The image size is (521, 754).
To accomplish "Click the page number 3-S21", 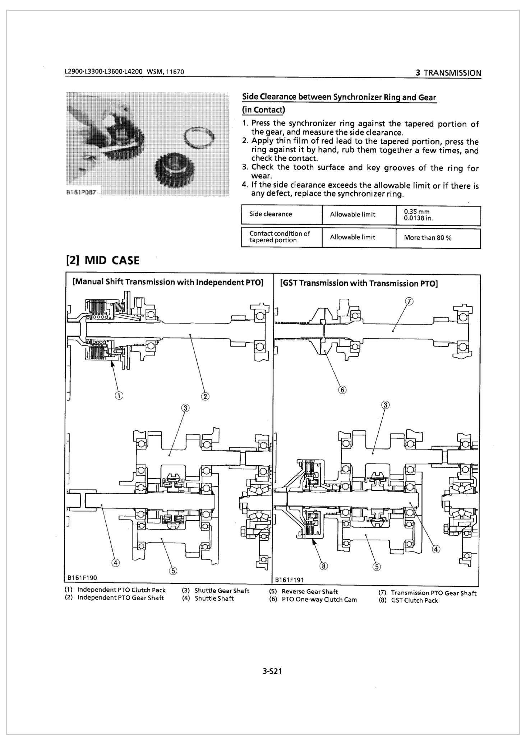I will [x=272, y=671].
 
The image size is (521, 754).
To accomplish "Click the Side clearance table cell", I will [x=271, y=214].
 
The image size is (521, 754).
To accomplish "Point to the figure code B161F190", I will [x=82, y=578].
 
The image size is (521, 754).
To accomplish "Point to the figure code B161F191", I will [x=289, y=580].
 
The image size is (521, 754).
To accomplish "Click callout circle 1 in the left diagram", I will [x=119, y=395].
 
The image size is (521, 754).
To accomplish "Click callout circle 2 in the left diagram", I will [x=205, y=396].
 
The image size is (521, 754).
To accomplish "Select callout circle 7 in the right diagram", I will [x=409, y=301].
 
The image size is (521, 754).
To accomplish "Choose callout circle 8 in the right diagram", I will [x=323, y=566].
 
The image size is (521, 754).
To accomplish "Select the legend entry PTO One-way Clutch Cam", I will [x=319, y=600].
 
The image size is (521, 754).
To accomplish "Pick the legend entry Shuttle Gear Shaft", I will [x=222, y=591].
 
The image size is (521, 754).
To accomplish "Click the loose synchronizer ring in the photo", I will [x=199, y=138].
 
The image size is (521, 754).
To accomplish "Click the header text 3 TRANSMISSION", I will [x=448, y=73].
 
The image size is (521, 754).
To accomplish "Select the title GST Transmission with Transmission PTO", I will [x=359, y=283].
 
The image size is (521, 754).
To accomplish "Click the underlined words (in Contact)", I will [x=264, y=110].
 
